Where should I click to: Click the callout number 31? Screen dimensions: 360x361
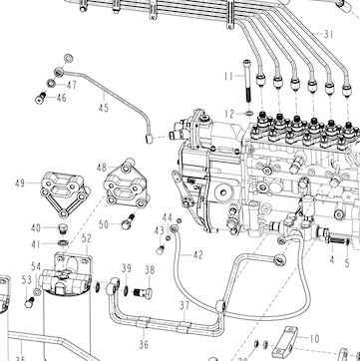(328, 34)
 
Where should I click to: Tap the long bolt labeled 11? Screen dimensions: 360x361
(246, 81)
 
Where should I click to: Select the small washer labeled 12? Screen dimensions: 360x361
(249, 114)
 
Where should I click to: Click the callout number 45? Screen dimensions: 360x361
(104, 108)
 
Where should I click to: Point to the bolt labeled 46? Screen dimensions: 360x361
(40, 98)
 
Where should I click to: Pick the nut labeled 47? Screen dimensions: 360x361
(51, 83)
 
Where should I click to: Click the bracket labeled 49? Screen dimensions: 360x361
(64, 194)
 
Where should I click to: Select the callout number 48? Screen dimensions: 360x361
(102, 168)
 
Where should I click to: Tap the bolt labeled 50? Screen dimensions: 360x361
(128, 221)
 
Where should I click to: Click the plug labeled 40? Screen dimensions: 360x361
(62, 229)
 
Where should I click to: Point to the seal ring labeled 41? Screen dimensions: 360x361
(62, 242)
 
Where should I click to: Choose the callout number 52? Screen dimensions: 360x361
(87, 238)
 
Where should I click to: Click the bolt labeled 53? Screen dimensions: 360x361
(30, 302)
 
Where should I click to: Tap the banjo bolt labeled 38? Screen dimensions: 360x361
(144, 293)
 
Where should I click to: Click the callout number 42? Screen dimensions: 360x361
(197, 255)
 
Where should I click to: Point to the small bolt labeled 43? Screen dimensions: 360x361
(161, 249)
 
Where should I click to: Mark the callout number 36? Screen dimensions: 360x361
(144, 344)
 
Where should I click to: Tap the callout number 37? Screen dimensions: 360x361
(184, 305)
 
